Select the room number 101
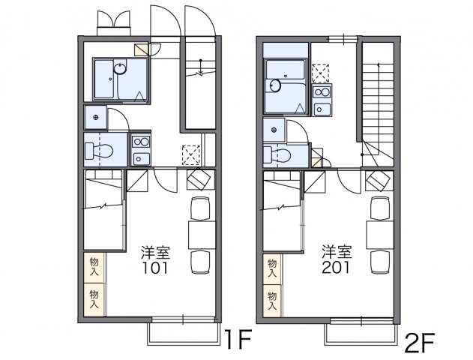(x=157, y=268)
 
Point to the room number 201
(x=337, y=268)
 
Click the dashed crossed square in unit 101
(x=191, y=154)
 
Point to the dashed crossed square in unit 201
(x=320, y=73)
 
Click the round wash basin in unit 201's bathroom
(x=275, y=85)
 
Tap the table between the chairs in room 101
(x=201, y=234)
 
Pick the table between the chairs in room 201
(x=380, y=234)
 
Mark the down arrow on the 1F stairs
(x=200, y=72)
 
